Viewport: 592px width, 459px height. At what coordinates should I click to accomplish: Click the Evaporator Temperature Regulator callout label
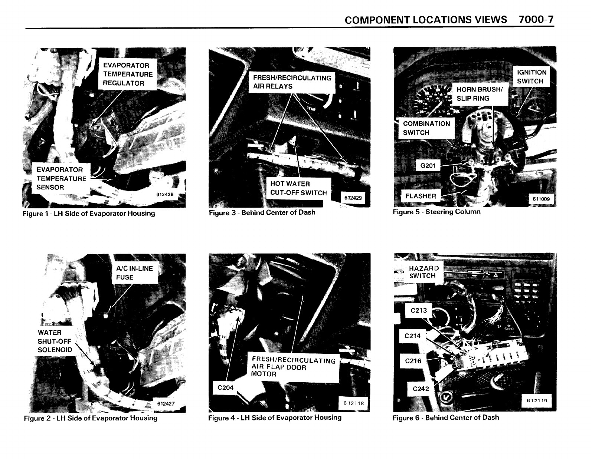click(x=128, y=74)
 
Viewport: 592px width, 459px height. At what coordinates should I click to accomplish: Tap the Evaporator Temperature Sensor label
click(x=61, y=178)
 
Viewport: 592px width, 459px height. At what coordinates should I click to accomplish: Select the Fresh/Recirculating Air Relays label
click(x=292, y=82)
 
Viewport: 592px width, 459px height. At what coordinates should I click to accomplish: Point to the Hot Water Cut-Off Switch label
click(x=298, y=188)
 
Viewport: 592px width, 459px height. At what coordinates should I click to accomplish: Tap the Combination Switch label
click(x=426, y=128)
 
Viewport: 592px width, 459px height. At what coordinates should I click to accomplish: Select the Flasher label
click(x=421, y=196)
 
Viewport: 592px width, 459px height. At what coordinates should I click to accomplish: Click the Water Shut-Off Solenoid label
click(x=55, y=341)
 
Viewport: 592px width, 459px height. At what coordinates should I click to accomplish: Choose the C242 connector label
click(x=421, y=389)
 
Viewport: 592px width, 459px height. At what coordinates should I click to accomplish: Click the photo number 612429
click(x=353, y=198)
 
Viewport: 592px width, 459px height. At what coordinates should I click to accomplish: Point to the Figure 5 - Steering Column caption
click(x=436, y=212)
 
